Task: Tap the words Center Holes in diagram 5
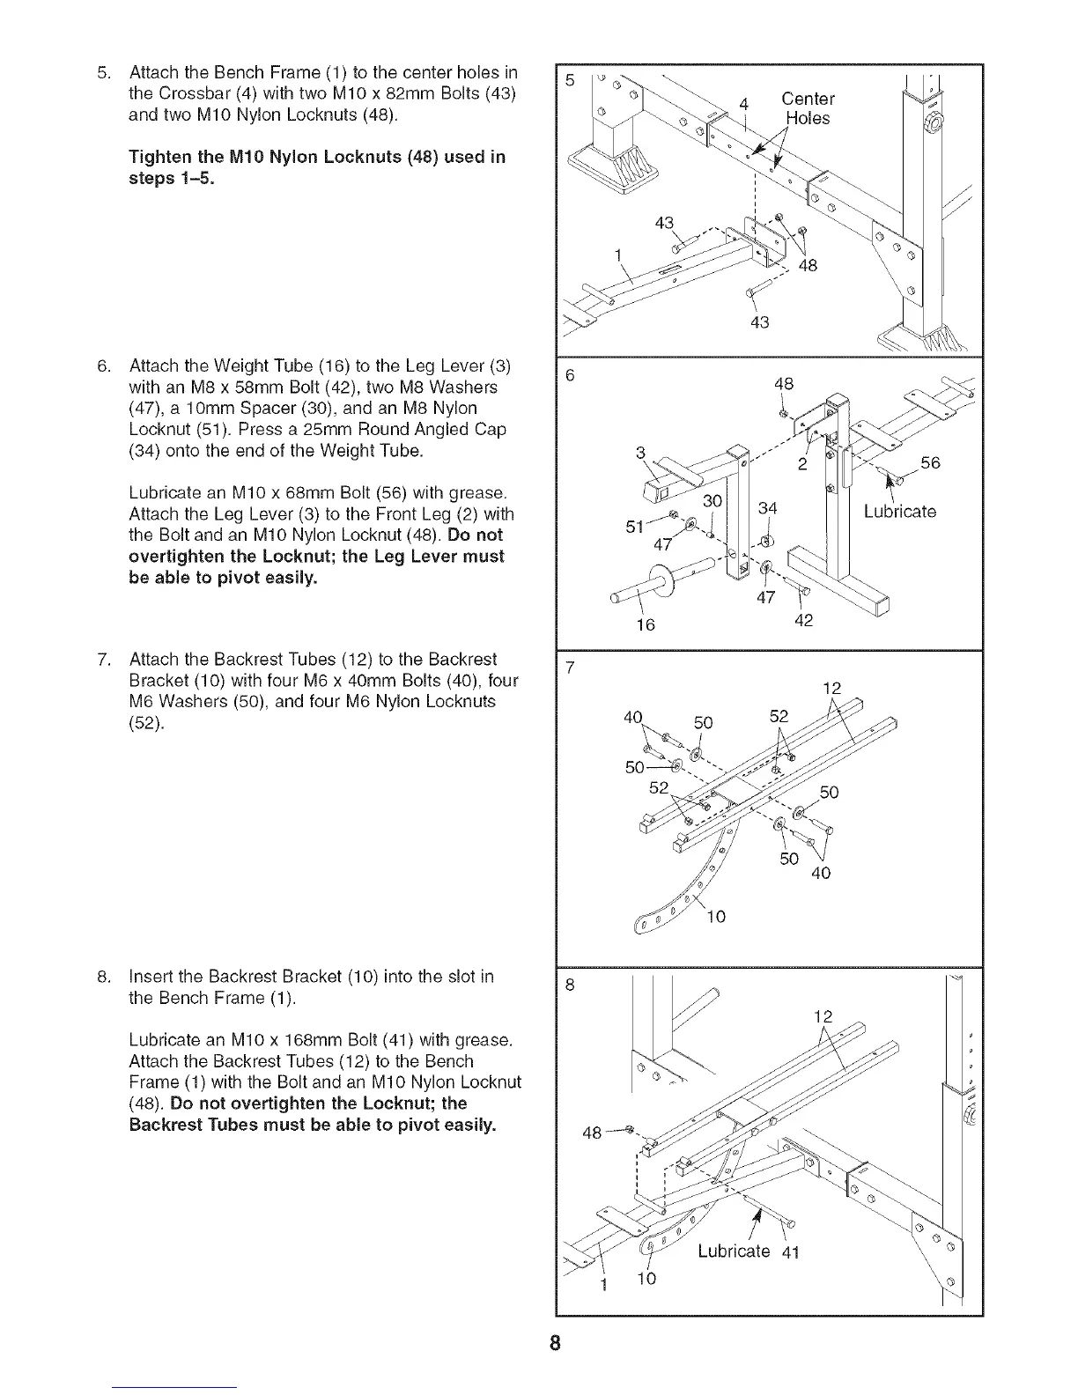click(x=808, y=108)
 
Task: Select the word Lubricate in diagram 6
click(x=899, y=512)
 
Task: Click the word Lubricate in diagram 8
click(x=733, y=1251)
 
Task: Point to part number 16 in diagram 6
click(x=646, y=624)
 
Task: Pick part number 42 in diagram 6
click(x=802, y=620)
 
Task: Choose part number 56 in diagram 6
click(x=930, y=463)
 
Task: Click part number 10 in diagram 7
click(x=716, y=917)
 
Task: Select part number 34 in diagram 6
click(x=768, y=509)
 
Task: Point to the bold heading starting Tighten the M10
click(x=316, y=167)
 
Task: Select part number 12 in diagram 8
click(x=822, y=1016)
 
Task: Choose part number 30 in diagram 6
click(x=712, y=499)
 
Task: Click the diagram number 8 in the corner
click(x=570, y=985)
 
